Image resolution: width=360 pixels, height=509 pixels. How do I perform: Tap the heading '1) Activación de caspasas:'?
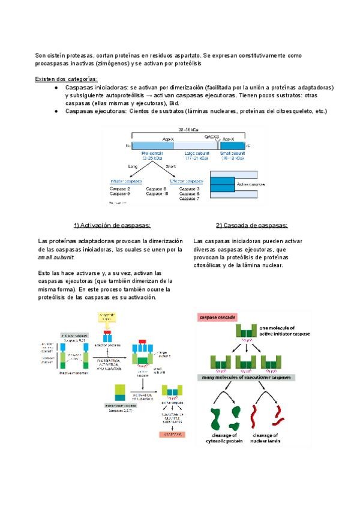(x=112, y=226)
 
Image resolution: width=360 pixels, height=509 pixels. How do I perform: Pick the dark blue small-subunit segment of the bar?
(x=233, y=146)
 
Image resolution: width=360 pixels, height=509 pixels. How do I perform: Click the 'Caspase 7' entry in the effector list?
(x=190, y=199)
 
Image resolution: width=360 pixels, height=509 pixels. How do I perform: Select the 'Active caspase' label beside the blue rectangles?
(x=250, y=185)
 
